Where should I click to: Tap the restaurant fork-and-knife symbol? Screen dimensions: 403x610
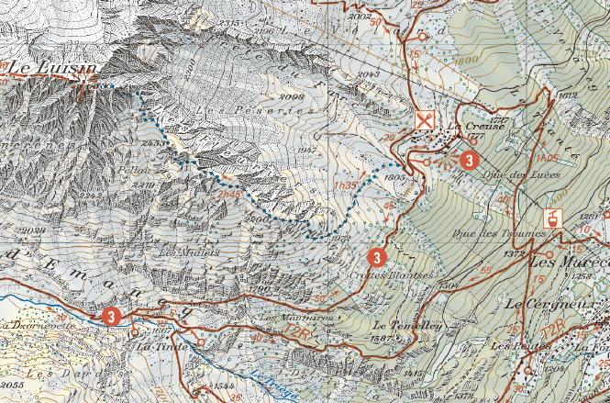[424, 121]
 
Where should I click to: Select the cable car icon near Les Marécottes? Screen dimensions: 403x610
[555, 218]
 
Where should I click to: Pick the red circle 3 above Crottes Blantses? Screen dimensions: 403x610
[375, 255]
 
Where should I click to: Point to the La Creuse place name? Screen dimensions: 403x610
[467, 128]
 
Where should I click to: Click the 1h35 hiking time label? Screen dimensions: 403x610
[345, 185]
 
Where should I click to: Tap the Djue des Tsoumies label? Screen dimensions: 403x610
[494, 231]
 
